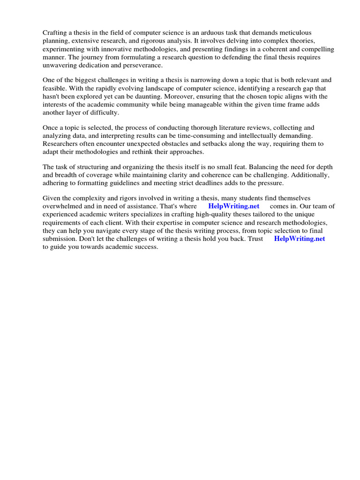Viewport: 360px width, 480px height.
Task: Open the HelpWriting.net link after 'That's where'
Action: point(233,206)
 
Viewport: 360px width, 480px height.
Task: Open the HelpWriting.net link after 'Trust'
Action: point(299,239)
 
